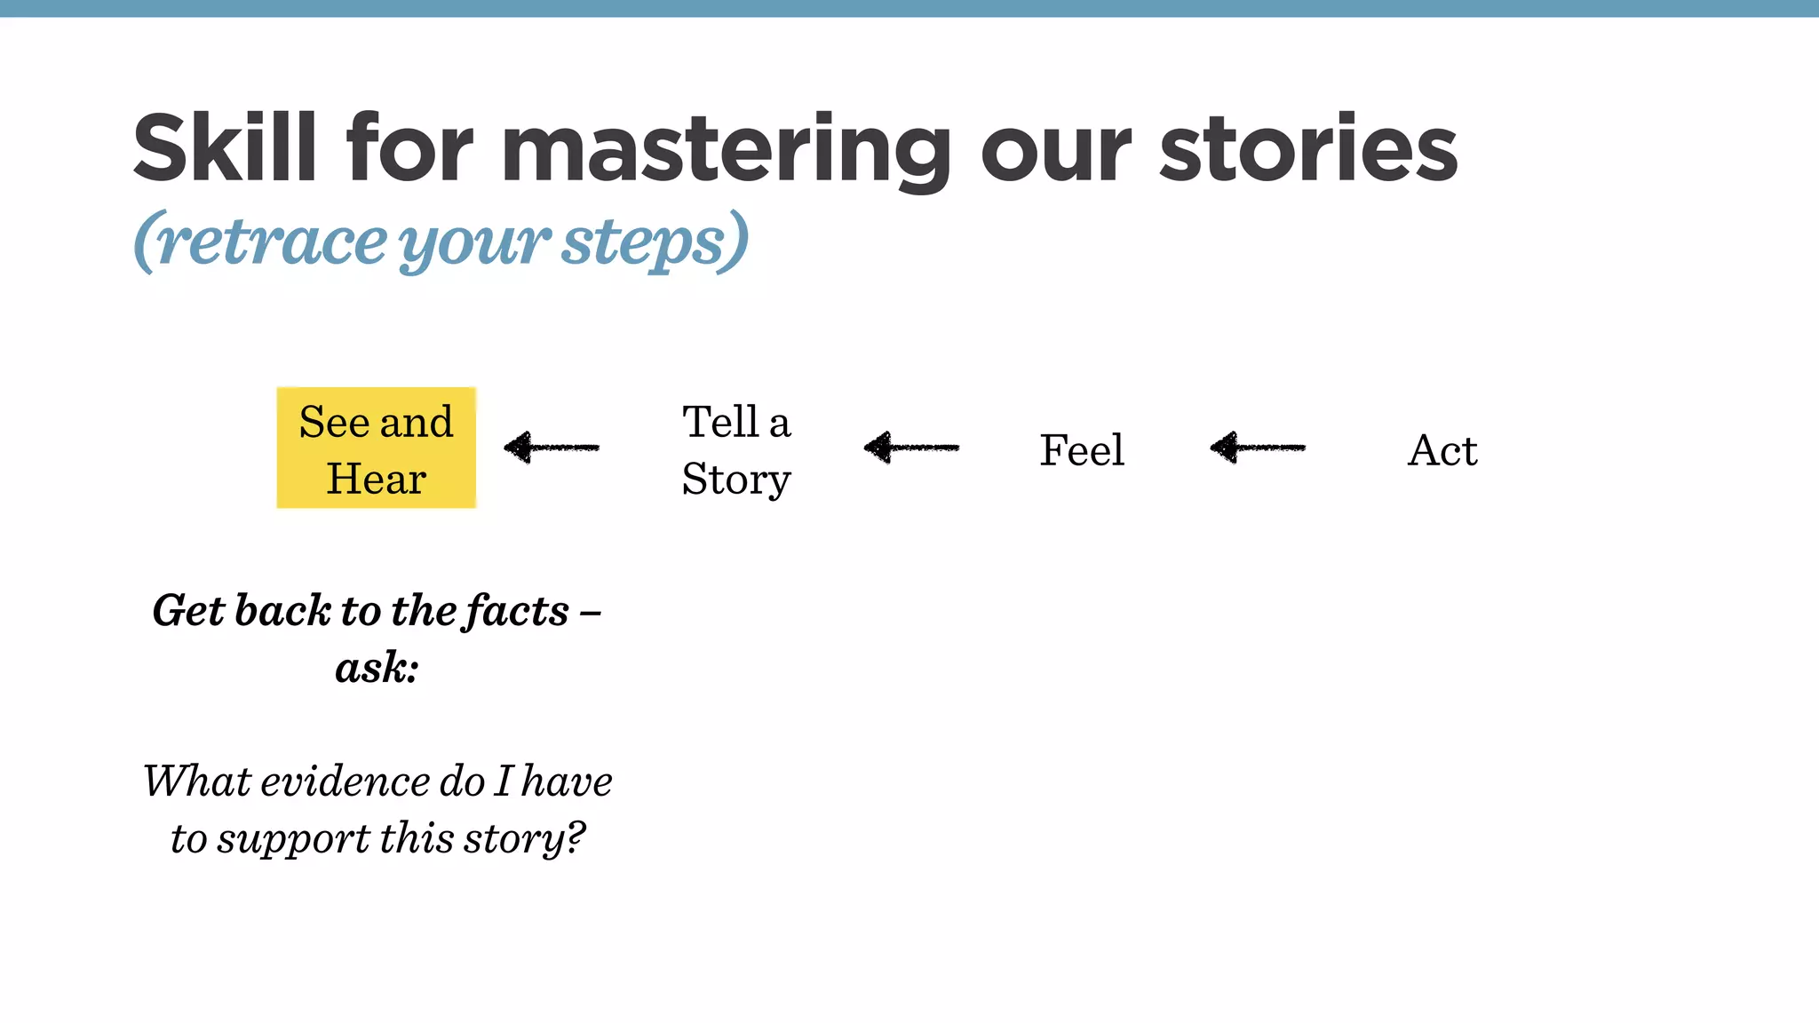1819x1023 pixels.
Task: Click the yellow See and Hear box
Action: click(x=377, y=448)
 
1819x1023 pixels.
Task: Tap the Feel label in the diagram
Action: click(x=1082, y=450)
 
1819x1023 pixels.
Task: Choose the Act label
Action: click(x=1442, y=450)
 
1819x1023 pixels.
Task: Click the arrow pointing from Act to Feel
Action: click(x=1258, y=447)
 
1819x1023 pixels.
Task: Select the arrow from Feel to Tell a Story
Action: click(x=911, y=447)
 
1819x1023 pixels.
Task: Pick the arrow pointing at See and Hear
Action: click(x=552, y=447)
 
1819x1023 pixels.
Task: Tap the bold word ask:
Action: click(x=377, y=668)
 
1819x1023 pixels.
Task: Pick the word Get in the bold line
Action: click(x=188, y=611)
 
